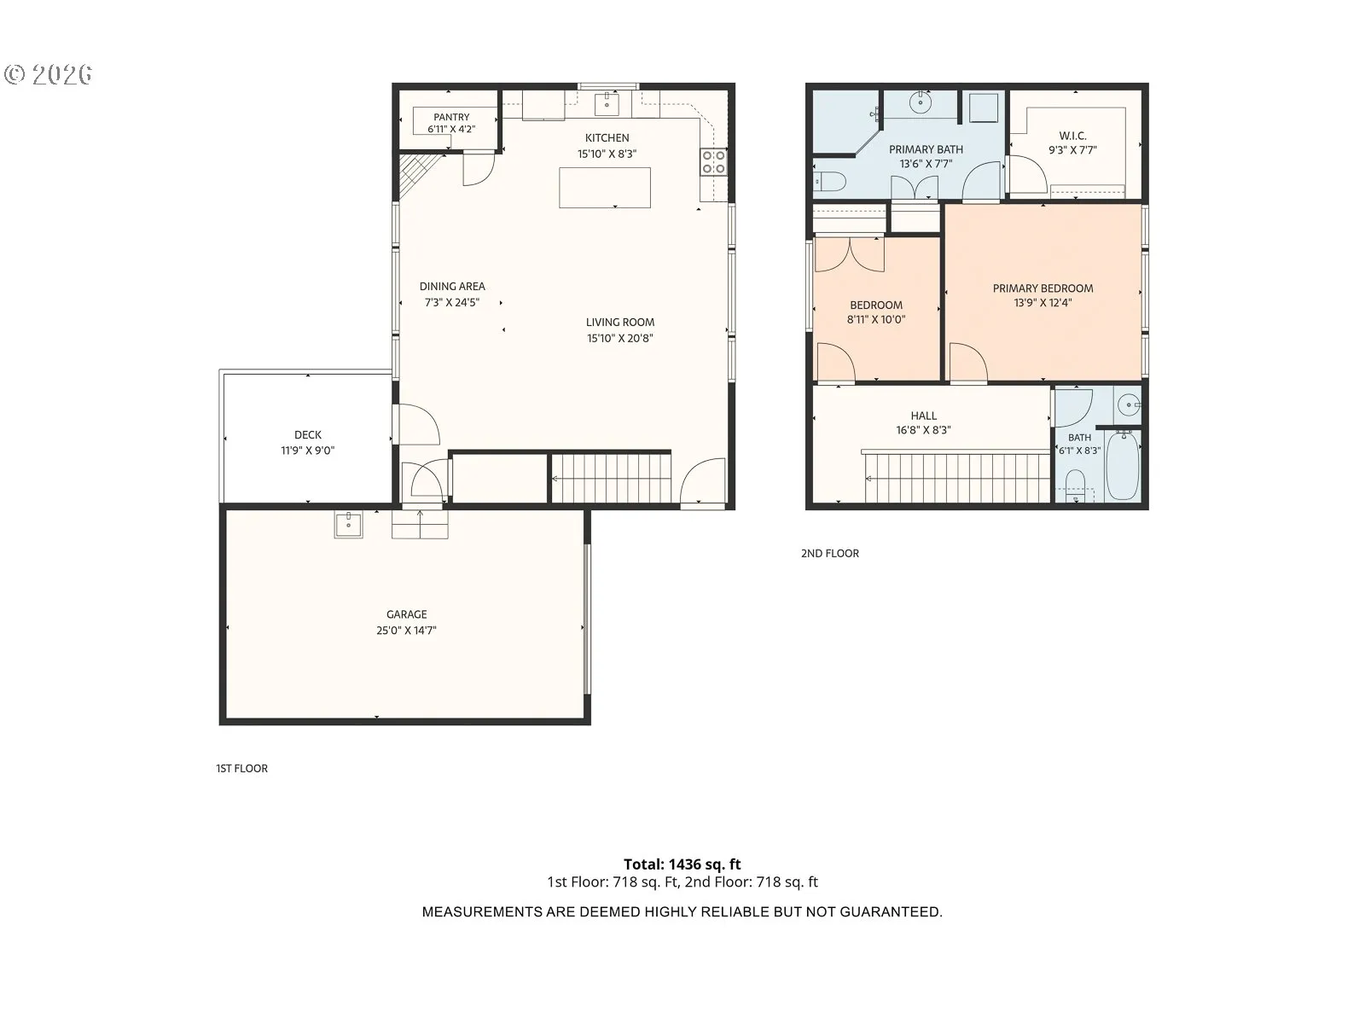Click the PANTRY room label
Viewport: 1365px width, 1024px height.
[x=451, y=117]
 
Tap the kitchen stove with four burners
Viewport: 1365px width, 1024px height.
[x=713, y=161]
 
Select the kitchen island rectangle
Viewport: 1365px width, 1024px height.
[x=605, y=187]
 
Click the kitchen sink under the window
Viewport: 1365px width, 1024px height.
[x=607, y=104]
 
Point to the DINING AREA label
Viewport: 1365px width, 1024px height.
[x=452, y=287]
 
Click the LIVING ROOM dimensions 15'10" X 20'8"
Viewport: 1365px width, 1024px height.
[x=620, y=338]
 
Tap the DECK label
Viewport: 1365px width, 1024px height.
[x=308, y=435]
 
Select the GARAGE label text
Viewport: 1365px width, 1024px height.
[x=407, y=614]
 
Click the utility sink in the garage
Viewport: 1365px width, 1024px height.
[x=348, y=525]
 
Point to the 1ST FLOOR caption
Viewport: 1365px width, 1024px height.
[x=242, y=769]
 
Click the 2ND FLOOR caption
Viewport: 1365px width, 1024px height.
[x=829, y=553]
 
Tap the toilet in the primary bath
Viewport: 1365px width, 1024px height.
[x=831, y=182]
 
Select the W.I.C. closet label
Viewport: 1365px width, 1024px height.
[x=1072, y=136]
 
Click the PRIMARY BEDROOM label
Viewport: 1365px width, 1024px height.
[x=1043, y=288]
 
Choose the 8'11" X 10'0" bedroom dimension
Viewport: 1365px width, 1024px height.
[x=876, y=319]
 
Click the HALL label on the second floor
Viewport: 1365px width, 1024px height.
[x=923, y=416]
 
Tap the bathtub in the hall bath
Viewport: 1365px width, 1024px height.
[x=1123, y=465]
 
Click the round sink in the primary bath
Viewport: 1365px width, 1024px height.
[x=921, y=102]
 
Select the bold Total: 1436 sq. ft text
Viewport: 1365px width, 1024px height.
[x=682, y=864]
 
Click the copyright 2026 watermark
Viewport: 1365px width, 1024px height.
[x=49, y=74]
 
